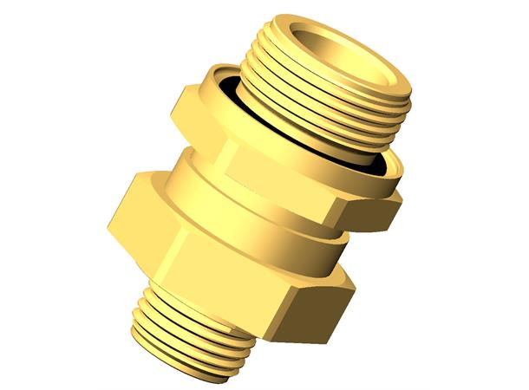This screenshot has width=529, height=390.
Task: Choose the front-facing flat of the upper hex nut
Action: pos(278,173)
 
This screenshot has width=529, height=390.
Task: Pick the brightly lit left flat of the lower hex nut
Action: pos(139,212)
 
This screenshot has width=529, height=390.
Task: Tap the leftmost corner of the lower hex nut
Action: pos(108,230)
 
